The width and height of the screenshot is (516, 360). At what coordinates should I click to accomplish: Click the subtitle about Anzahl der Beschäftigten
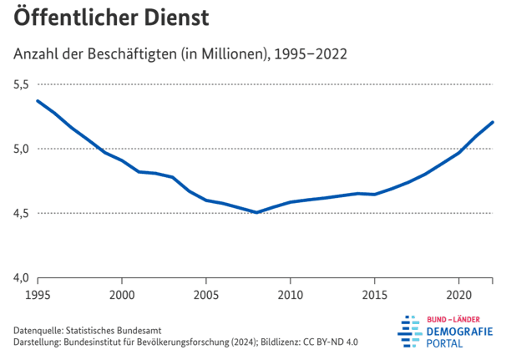point(180,54)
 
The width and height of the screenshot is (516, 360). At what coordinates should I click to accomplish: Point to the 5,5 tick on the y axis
point(21,84)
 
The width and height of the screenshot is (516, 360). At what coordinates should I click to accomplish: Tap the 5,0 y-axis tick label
point(21,149)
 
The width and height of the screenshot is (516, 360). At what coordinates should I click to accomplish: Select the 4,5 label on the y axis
point(21,213)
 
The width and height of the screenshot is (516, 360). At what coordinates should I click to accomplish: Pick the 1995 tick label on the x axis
point(38,295)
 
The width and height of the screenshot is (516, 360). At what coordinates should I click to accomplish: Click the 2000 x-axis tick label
point(122,295)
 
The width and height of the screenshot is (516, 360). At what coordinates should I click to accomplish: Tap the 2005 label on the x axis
point(206,295)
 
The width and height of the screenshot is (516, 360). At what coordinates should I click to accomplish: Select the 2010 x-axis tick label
point(291,295)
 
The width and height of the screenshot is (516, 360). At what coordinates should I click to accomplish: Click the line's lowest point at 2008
point(257,212)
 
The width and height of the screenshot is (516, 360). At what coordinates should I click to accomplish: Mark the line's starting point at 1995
point(38,101)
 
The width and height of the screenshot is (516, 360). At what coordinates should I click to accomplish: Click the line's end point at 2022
point(493,122)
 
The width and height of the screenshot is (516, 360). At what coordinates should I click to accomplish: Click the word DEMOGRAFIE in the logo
point(460,332)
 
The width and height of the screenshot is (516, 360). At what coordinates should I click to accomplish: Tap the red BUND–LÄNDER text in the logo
point(460,319)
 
